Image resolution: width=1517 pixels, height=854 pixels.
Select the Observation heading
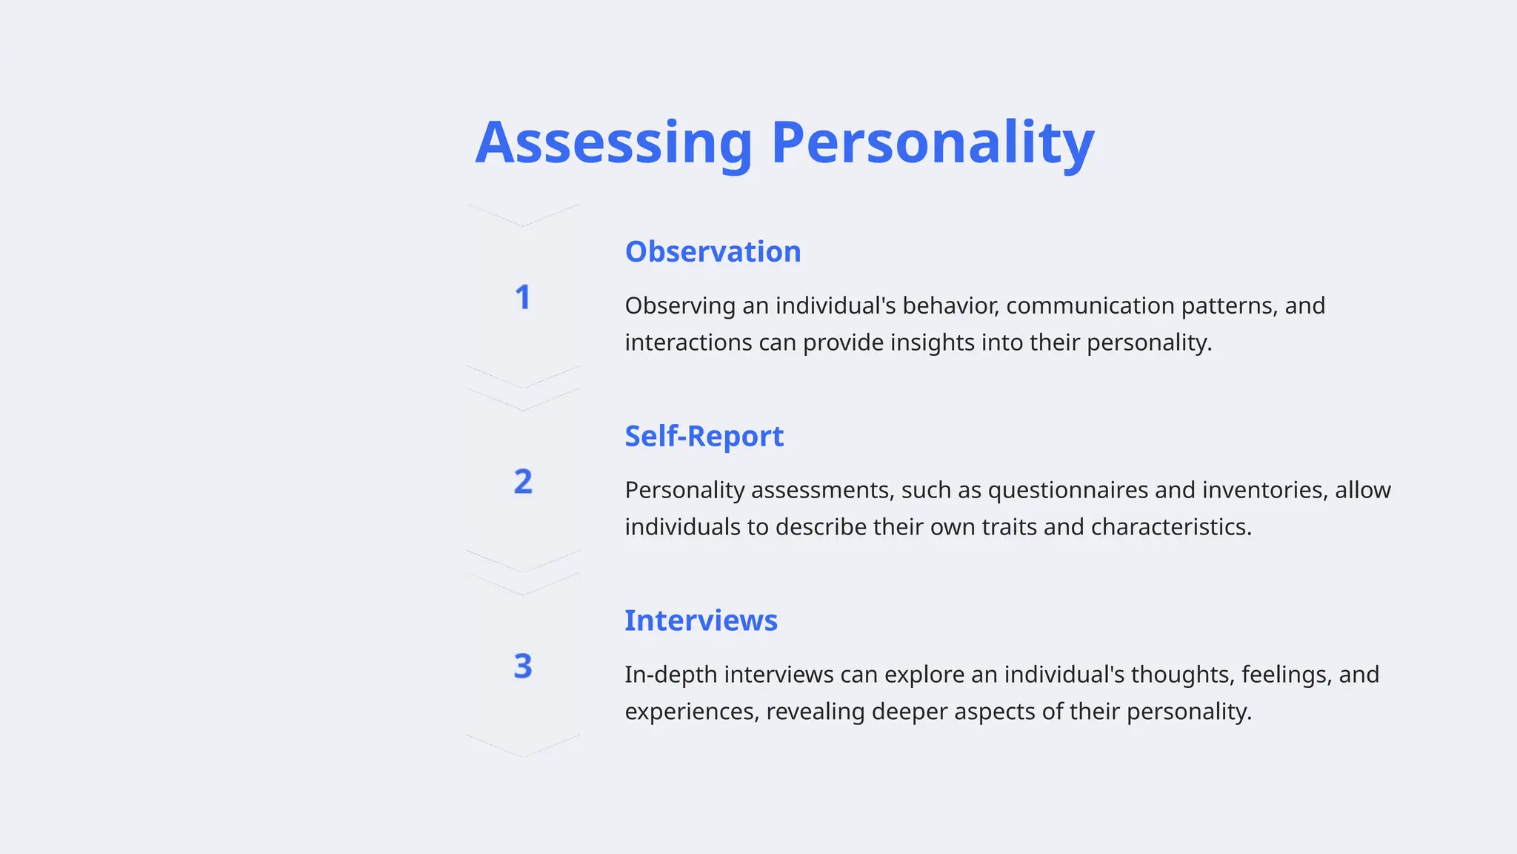coord(713,252)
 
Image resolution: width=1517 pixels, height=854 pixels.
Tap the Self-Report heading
coord(704,437)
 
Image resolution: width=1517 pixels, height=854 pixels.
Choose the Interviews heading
coord(701,621)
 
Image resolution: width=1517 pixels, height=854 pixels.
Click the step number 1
coord(523,298)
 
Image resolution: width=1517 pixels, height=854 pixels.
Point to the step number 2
coord(523,482)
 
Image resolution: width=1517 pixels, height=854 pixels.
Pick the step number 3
coord(523,666)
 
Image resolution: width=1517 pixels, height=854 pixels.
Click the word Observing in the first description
coord(680,305)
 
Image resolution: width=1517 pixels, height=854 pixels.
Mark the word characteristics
coord(1170,527)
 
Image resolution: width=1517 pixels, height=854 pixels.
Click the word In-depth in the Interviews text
coord(670,675)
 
